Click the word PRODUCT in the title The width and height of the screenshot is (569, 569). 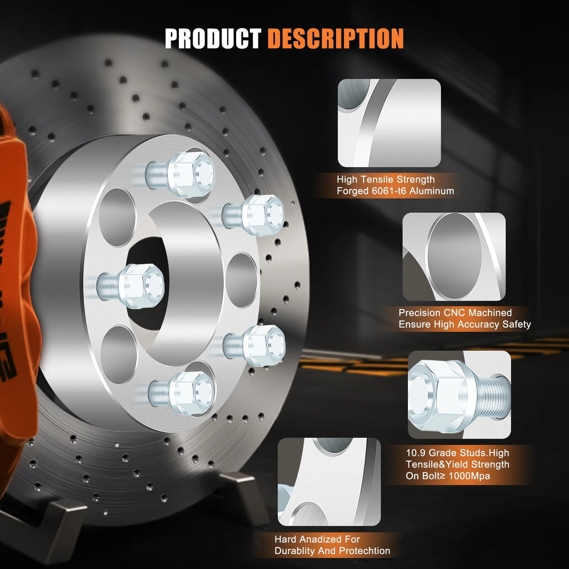(x=213, y=38)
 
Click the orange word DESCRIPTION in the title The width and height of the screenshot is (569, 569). (x=336, y=38)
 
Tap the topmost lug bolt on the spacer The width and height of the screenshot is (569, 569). (x=181, y=174)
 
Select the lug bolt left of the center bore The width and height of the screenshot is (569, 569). (x=131, y=286)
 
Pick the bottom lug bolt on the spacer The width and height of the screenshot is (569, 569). (x=181, y=393)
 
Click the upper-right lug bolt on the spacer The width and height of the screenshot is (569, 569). (x=253, y=215)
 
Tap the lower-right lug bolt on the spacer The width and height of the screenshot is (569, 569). (x=254, y=345)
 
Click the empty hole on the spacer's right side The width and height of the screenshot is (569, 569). (x=242, y=280)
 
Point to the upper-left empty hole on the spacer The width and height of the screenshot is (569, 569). (x=117, y=217)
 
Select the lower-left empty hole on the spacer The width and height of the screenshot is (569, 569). (x=118, y=354)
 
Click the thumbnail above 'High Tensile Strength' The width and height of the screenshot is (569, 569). (x=390, y=123)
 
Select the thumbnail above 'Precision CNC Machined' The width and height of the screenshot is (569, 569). (x=454, y=257)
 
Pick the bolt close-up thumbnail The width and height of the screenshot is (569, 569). (x=460, y=395)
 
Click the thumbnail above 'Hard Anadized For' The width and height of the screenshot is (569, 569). (x=329, y=482)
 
